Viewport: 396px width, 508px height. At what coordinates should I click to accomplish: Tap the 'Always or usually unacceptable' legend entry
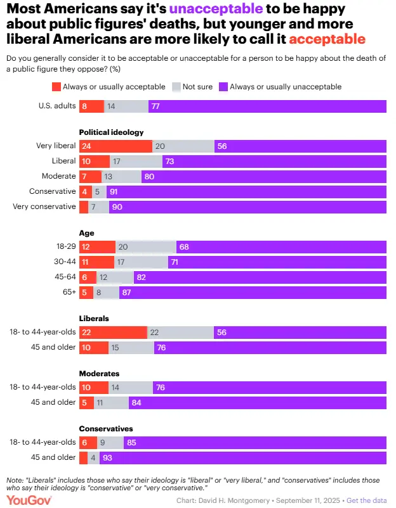pyautogui.click(x=285, y=87)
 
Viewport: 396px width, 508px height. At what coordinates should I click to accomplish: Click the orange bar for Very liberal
pyautogui.click(x=115, y=146)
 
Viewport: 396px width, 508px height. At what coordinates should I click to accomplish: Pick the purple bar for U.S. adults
pyautogui.click(x=267, y=106)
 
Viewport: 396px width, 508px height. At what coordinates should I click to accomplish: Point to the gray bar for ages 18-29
pyautogui.click(x=146, y=247)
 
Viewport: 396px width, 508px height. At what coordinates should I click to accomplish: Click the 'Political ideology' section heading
pyautogui.click(x=111, y=132)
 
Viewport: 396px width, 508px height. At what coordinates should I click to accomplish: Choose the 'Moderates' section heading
pyautogui.click(x=99, y=374)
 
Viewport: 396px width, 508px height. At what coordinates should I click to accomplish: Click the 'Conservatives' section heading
pyautogui.click(x=105, y=429)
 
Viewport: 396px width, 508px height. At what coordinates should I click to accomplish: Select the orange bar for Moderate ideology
pyautogui.click(x=90, y=176)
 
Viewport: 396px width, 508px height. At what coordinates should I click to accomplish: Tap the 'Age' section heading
pyautogui.click(x=86, y=233)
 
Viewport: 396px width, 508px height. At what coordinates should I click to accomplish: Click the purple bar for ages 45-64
pyautogui.click(x=260, y=277)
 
